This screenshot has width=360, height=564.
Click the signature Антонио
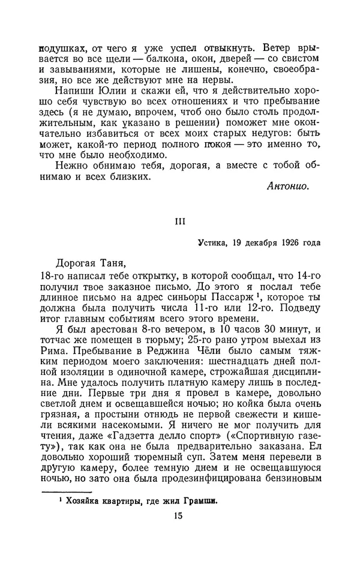pos(287,187)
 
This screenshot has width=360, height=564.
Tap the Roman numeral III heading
pos(179,221)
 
